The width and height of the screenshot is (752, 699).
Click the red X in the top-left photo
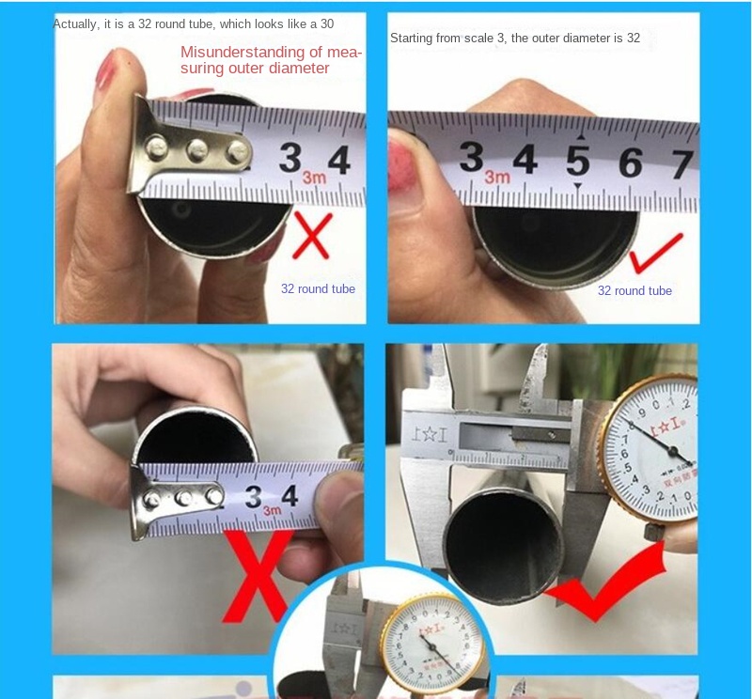[311, 234]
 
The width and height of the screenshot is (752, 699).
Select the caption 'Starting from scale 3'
[514, 39]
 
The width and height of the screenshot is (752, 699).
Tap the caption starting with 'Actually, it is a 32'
[193, 23]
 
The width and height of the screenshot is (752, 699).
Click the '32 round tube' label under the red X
[318, 288]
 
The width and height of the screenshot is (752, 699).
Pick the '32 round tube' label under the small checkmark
[634, 290]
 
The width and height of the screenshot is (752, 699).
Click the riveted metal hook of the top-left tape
[193, 148]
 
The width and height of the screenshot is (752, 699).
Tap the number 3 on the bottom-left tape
[255, 497]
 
